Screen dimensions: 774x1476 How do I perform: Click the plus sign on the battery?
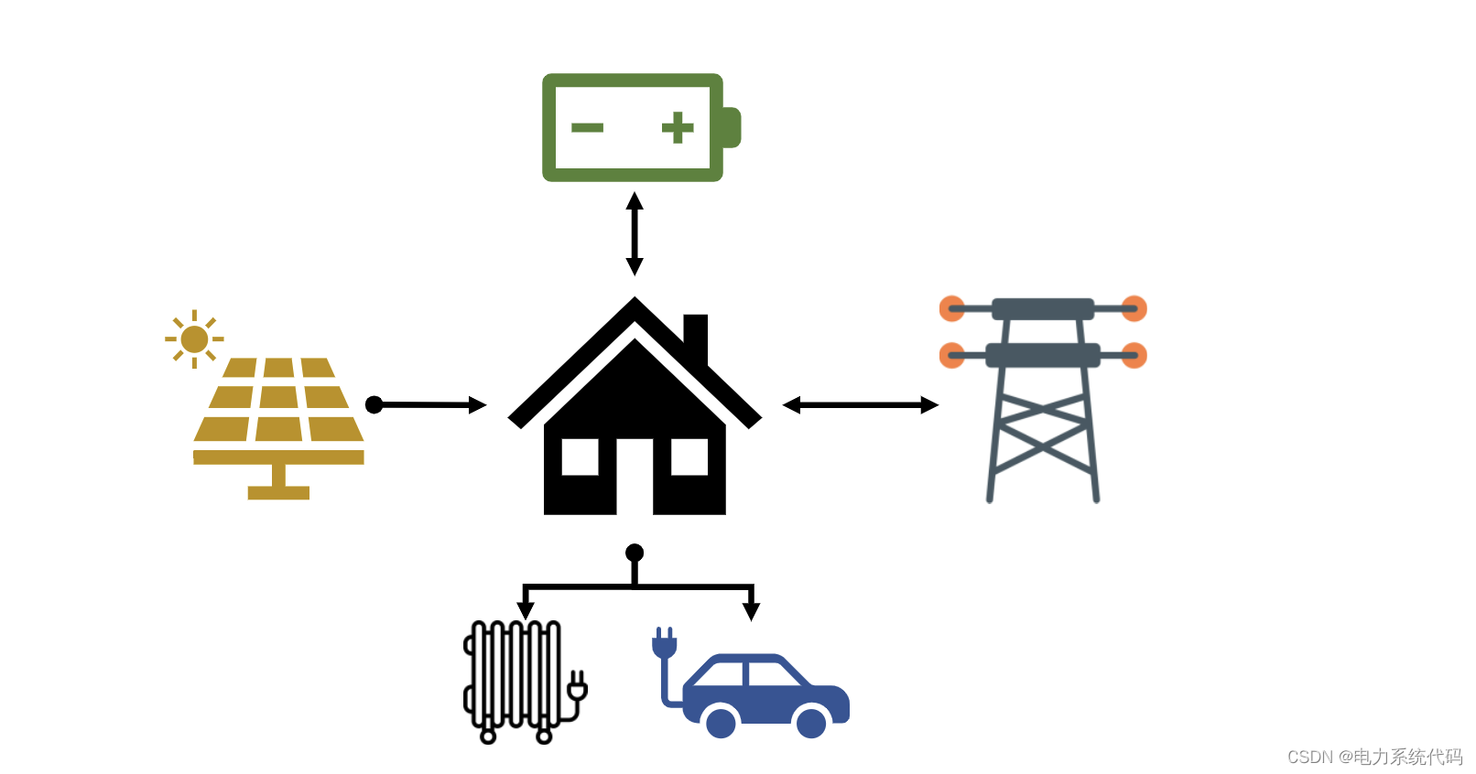click(678, 128)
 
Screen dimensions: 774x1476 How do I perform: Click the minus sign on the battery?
click(587, 128)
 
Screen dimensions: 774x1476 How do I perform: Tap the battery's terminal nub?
click(732, 127)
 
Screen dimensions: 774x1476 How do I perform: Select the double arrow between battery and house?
click(634, 233)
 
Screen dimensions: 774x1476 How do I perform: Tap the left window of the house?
click(580, 457)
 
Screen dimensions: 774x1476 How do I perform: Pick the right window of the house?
click(689, 457)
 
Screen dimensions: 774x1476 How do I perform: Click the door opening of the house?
click(635, 476)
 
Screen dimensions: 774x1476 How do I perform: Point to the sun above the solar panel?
click(194, 339)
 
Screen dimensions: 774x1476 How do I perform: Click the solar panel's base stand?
click(278, 485)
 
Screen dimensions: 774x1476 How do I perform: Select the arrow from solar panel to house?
click(427, 404)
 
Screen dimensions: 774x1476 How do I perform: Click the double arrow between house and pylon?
click(860, 404)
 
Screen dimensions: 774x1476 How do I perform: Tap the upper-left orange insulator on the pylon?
click(952, 308)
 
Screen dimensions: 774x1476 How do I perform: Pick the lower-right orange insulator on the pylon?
click(1134, 355)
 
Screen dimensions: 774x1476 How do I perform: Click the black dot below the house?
click(635, 553)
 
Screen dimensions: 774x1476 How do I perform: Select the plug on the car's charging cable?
click(664, 642)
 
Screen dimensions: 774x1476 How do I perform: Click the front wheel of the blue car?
click(811, 723)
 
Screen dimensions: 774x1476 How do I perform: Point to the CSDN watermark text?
click(1374, 757)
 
